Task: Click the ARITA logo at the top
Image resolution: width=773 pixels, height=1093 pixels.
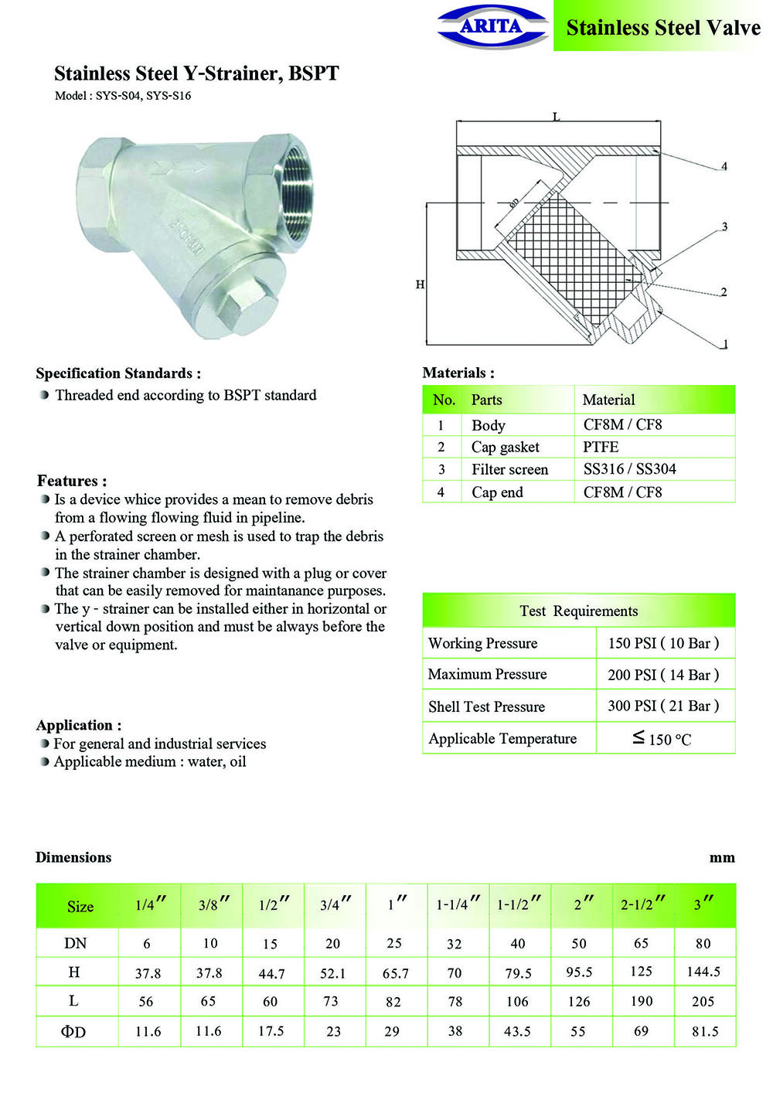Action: [492, 26]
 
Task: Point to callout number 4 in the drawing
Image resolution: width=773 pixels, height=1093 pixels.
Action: [724, 166]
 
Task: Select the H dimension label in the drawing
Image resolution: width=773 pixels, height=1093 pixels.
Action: [420, 284]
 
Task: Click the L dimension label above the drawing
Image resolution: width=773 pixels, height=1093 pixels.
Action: [556, 117]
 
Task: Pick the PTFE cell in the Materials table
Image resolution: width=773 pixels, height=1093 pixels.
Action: [601, 447]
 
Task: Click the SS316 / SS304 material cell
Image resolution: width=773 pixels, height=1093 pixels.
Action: [629, 469]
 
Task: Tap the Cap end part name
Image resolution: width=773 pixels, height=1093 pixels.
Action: [497, 492]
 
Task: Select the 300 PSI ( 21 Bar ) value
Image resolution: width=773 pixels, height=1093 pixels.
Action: [663, 706]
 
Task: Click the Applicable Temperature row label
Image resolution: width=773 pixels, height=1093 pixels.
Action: [502, 738]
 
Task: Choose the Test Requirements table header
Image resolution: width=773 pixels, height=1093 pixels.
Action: [578, 611]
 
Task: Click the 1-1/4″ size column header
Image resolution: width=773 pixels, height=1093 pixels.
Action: [458, 904]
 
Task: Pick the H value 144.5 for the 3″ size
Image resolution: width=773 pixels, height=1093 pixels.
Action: [703, 972]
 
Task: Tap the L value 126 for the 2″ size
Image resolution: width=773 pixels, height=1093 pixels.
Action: [579, 1001]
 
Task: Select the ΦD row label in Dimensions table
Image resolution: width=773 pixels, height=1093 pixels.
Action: [73, 1031]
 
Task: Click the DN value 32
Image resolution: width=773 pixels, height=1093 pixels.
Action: [455, 944]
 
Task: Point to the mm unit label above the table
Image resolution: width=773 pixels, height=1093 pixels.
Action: [722, 857]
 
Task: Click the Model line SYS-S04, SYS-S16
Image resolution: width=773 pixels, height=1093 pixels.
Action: [123, 96]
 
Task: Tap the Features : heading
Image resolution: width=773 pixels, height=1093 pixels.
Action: [72, 480]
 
